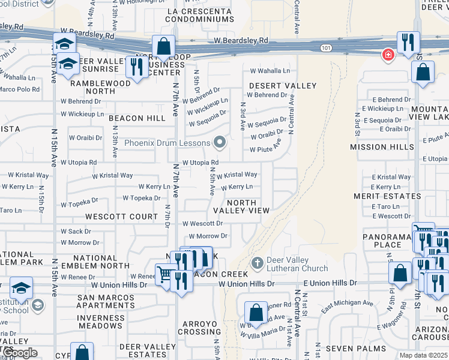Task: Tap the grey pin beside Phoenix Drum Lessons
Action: (x=220, y=143)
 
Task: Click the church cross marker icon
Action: (x=257, y=263)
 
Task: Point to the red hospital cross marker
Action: (x=388, y=55)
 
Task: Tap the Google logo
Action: (x=20, y=353)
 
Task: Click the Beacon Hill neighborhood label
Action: (x=137, y=118)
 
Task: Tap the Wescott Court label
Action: (x=121, y=216)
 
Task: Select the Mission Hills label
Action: (x=382, y=146)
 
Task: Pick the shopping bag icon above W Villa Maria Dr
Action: (x=256, y=313)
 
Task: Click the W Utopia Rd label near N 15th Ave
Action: (x=77, y=163)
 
